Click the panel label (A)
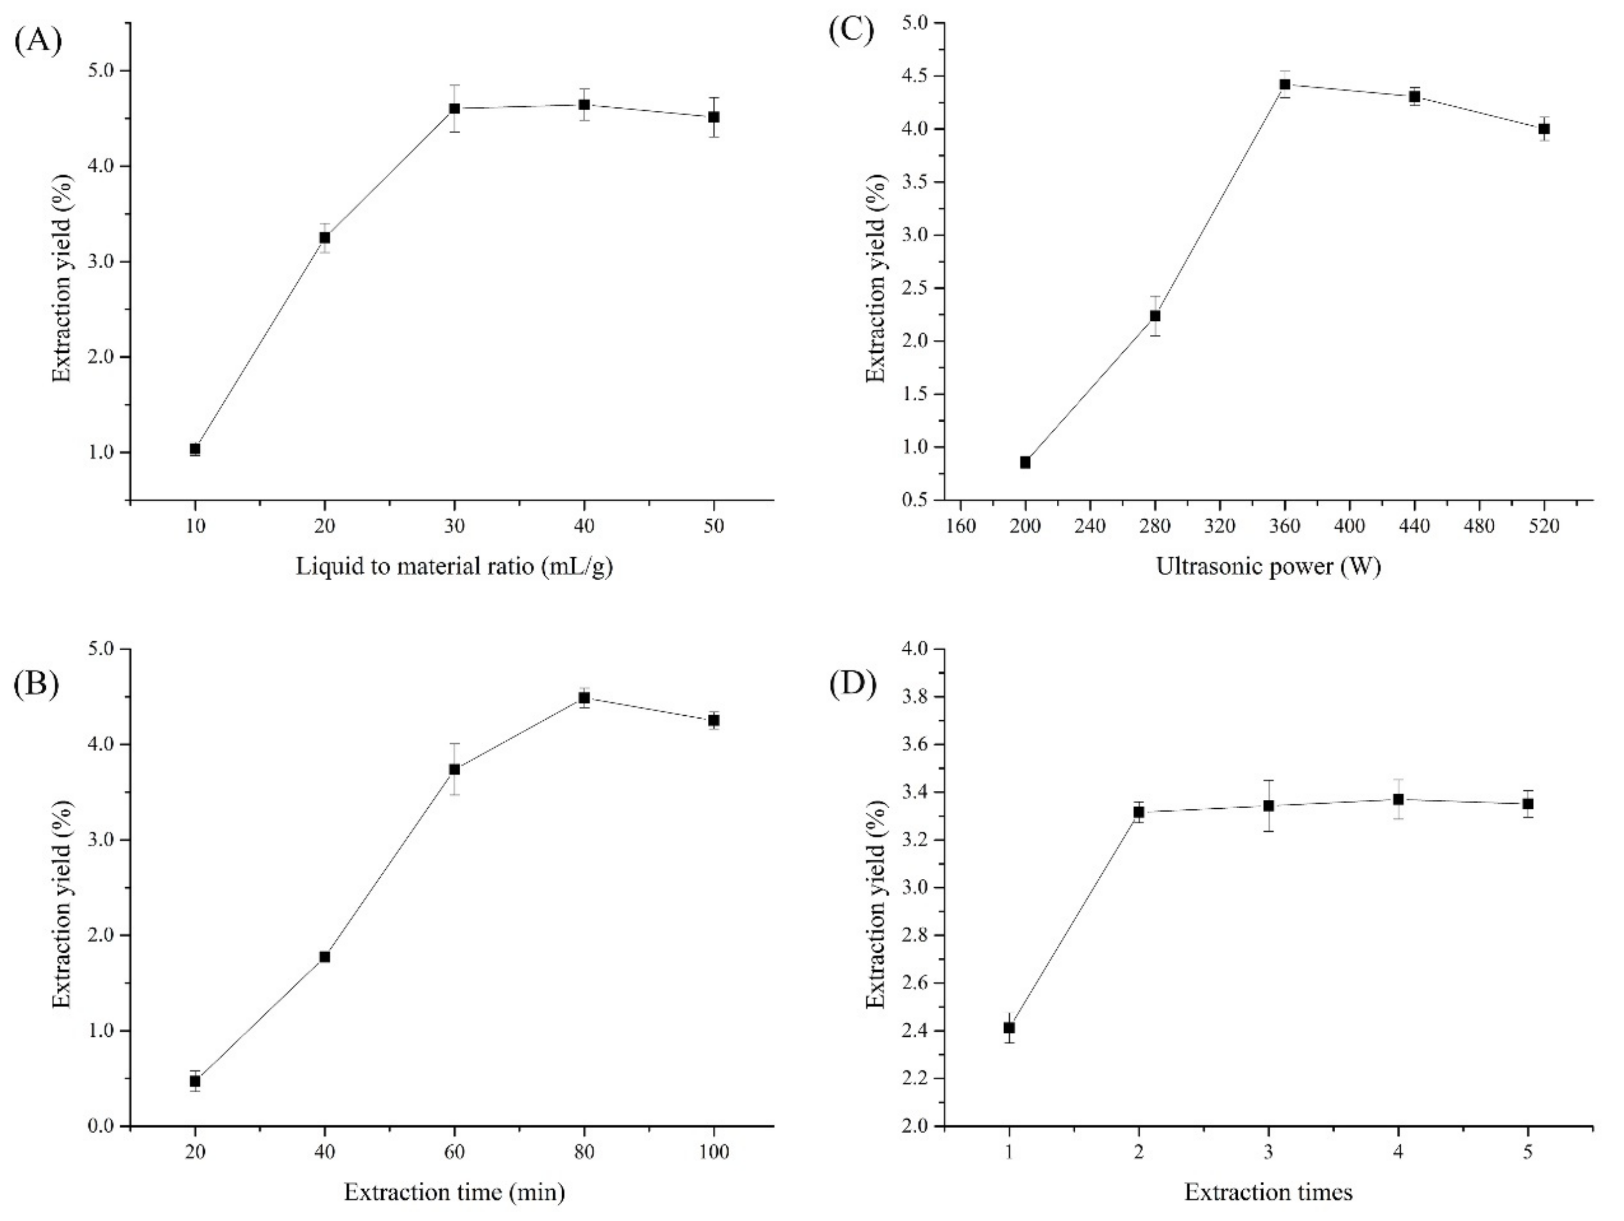pyautogui.click(x=38, y=40)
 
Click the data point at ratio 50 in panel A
pyautogui.click(x=714, y=117)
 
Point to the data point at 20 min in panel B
pyautogui.click(x=195, y=1081)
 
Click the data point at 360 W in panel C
pyautogui.click(x=1285, y=84)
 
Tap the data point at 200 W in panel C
pyautogui.click(x=1026, y=462)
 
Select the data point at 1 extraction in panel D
pyautogui.click(x=1010, y=1027)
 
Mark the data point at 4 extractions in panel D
pyautogui.click(x=1399, y=799)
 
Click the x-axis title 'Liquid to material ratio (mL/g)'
pyautogui.click(x=454, y=567)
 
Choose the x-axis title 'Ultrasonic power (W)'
pyautogui.click(x=1269, y=567)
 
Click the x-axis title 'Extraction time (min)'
pyautogui.click(x=454, y=1192)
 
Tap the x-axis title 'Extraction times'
pyautogui.click(x=1269, y=1192)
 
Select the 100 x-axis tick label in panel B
pyautogui.click(x=714, y=1152)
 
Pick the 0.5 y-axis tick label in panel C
pyautogui.click(x=913, y=500)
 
